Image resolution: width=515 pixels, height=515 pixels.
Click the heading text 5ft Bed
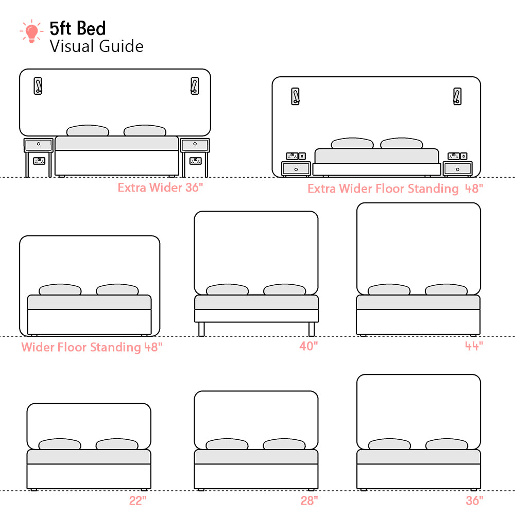pos(78,28)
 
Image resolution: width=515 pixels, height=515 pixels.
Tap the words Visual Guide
pos(96,46)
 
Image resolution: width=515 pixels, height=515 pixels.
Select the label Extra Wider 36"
pos(160,187)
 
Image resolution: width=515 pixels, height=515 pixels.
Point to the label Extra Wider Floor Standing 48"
pos(395,188)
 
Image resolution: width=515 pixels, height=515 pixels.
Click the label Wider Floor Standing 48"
pos(92,347)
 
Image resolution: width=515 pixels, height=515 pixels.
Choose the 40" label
pos(308,346)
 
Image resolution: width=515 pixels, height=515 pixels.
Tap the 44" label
pos(473,346)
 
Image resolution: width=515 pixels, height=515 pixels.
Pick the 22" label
pos(138,501)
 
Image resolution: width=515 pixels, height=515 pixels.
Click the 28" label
pos(309,501)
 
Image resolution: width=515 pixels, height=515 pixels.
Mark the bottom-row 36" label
pos(474,501)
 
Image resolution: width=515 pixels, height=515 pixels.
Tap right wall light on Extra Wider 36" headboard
pos(194,86)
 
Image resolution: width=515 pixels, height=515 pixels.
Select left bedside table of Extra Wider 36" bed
pos(39,145)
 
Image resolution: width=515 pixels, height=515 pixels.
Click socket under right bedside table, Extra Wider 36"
pos(195,161)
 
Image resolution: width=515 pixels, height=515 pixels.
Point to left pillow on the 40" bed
pos(227,290)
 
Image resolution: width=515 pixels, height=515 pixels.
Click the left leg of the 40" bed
pos(201,329)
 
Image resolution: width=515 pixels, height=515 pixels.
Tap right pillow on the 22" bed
pos(117,444)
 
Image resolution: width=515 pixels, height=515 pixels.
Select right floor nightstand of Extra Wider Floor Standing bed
pos(457,168)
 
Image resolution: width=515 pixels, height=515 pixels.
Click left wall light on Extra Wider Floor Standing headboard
pos(295,96)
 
